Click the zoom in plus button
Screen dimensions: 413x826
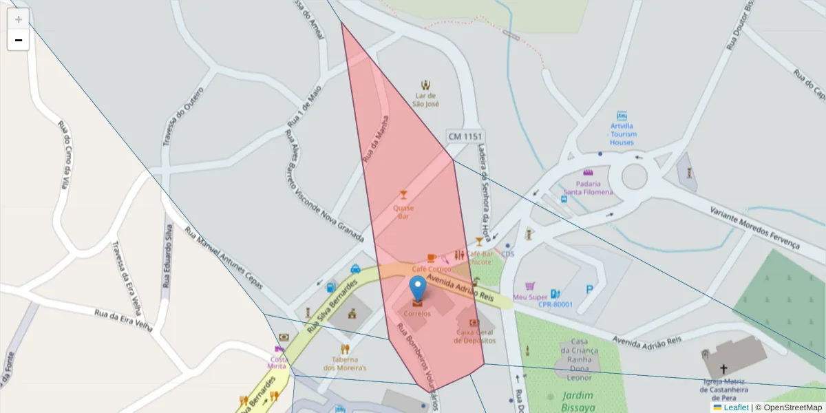click(x=18, y=19)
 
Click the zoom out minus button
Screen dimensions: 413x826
click(x=18, y=40)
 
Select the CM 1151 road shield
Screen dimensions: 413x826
click(x=465, y=137)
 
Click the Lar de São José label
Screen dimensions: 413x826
click(x=425, y=100)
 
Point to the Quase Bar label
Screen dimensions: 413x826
click(x=403, y=211)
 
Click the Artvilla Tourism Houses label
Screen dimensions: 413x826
click(x=622, y=134)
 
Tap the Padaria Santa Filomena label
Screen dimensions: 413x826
click(x=588, y=187)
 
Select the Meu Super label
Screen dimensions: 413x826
click(x=529, y=297)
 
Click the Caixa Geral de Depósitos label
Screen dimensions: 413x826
click(x=475, y=336)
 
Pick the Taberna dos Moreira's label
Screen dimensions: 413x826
click(x=344, y=363)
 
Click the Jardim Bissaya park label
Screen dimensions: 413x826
click(x=578, y=401)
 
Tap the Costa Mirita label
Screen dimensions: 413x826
click(x=278, y=362)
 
